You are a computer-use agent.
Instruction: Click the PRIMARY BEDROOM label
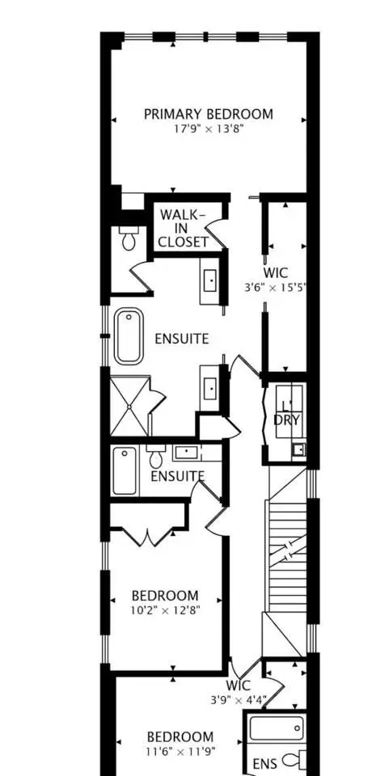pos(209,114)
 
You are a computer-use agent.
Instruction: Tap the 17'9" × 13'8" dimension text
pos(208,130)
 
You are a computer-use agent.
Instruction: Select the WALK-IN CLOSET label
pos(184,229)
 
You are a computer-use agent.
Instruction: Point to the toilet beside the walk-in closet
pos(128,238)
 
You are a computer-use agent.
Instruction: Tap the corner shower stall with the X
pos(129,407)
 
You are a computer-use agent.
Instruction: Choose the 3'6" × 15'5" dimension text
pos(276,288)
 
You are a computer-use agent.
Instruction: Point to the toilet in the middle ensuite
pos(156,456)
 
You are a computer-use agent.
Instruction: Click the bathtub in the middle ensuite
pos(125,470)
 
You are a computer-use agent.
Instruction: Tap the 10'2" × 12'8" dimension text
pos(165,610)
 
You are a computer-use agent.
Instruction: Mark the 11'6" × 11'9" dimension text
pos(180,752)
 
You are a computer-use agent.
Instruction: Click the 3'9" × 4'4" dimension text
pos(239,700)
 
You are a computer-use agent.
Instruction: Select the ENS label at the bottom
pos(264,764)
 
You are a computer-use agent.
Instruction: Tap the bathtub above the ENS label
pos(276,728)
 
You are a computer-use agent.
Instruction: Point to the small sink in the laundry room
pos(298,450)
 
